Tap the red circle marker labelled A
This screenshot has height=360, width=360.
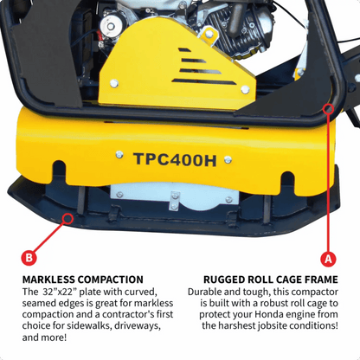tap(328, 257)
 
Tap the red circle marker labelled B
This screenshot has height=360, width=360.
tap(29, 257)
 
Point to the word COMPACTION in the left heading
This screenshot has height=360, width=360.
tap(112, 280)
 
